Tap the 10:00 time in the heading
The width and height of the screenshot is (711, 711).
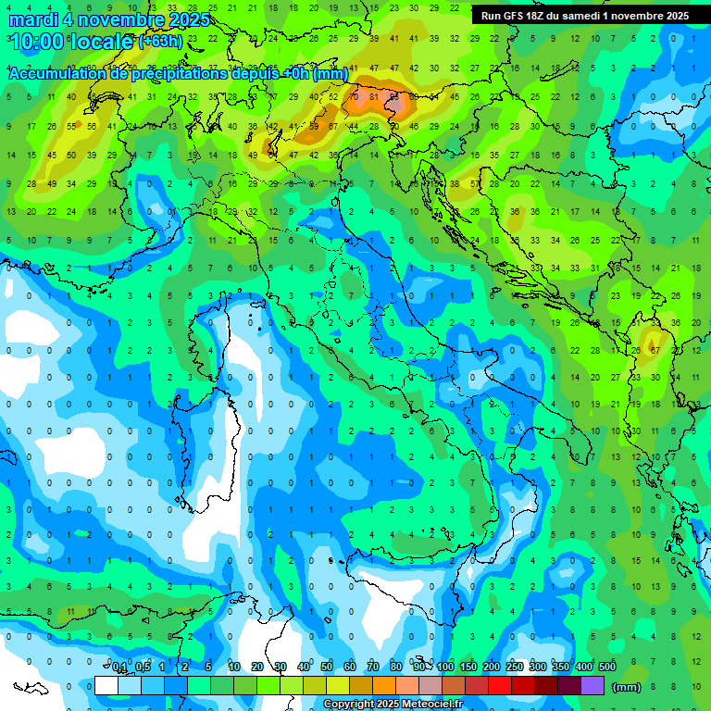click(x=37, y=41)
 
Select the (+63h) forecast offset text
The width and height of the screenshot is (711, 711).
click(x=160, y=42)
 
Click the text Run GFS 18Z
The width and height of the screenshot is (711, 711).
click(x=512, y=16)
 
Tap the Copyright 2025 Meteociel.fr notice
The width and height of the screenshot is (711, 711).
click(x=393, y=705)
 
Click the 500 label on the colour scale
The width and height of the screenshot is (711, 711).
click(x=607, y=667)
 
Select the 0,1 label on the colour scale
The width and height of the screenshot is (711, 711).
click(x=119, y=667)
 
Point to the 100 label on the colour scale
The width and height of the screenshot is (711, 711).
click(x=445, y=667)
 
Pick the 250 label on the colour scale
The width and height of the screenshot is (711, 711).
click(x=515, y=667)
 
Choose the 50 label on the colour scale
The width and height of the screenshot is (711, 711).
click(x=327, y=667)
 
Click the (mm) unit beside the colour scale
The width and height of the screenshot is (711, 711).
click(x=627, y=687)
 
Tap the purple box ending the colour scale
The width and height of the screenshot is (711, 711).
click(x=592, y=685)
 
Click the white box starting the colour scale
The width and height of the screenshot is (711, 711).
click(x=106, y=685)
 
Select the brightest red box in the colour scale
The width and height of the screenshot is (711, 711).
click(x=500, y=685)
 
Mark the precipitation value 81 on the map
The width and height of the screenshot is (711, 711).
click(x=373, y=95)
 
